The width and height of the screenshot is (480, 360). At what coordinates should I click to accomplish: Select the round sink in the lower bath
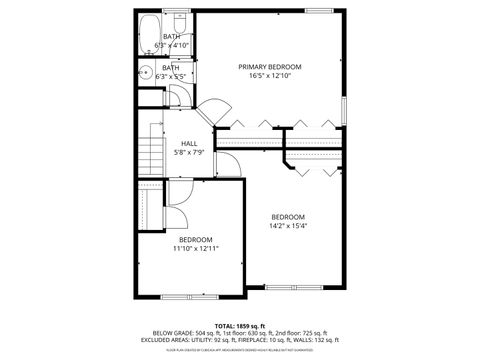tap(146, 72)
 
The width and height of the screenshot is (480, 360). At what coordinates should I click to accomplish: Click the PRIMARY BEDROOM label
tap(269, 67)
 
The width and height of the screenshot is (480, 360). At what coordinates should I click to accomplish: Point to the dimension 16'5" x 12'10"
tap(269, 76)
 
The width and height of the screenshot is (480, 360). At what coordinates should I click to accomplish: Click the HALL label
tap(188, 143)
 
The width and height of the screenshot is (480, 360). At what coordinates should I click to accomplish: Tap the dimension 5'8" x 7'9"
tap(188, 152)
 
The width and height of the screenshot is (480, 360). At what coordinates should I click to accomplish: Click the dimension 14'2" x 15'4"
tap(287, 226)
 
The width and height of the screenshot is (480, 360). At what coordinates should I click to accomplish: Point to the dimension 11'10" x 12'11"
tap(196, 248)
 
